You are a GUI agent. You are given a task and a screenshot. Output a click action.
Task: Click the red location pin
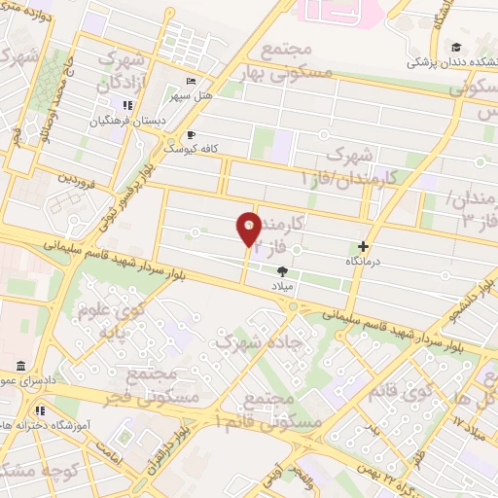[x=249, y=230]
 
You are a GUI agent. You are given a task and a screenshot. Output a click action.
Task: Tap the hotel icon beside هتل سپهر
[x=191, y=81]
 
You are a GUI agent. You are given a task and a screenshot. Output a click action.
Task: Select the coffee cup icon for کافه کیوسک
[x=191, y=134]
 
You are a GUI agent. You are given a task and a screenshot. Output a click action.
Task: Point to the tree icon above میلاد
[x=283, y=271]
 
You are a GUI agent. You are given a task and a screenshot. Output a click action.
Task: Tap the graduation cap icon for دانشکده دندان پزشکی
[x=456, y=46]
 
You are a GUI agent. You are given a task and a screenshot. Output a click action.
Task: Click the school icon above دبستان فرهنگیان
[x=126, y=105]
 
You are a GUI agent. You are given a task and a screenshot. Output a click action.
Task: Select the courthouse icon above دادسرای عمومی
[x=20, y=366]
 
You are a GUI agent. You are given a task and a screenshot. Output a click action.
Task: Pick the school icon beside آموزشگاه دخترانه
[x=39, y=409]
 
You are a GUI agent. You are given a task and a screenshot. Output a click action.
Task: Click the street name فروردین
[x=77, y=179]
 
